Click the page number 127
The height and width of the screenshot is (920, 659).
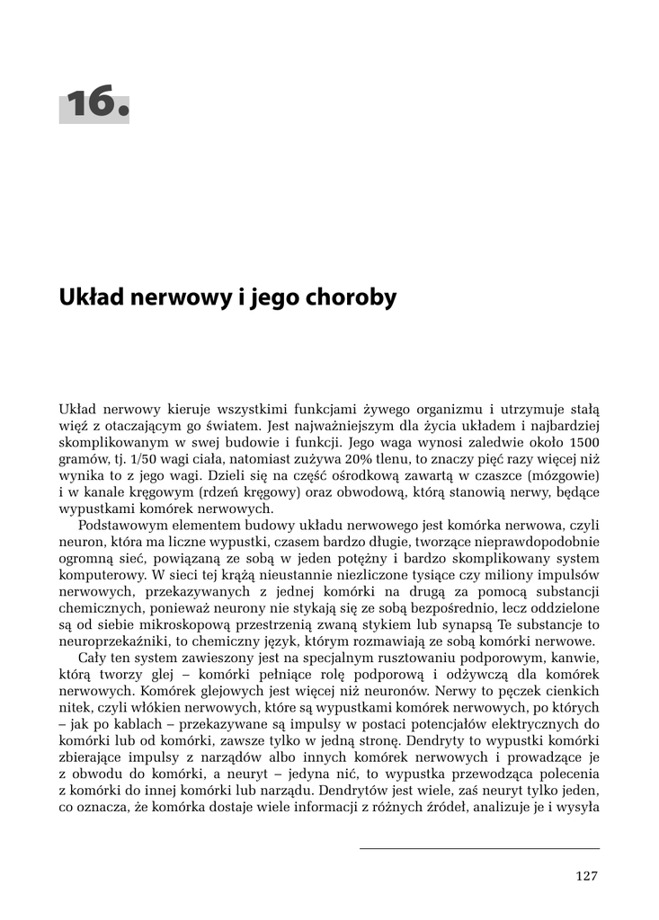pos(586,876)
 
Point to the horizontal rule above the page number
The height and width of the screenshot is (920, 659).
pos(479,848)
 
